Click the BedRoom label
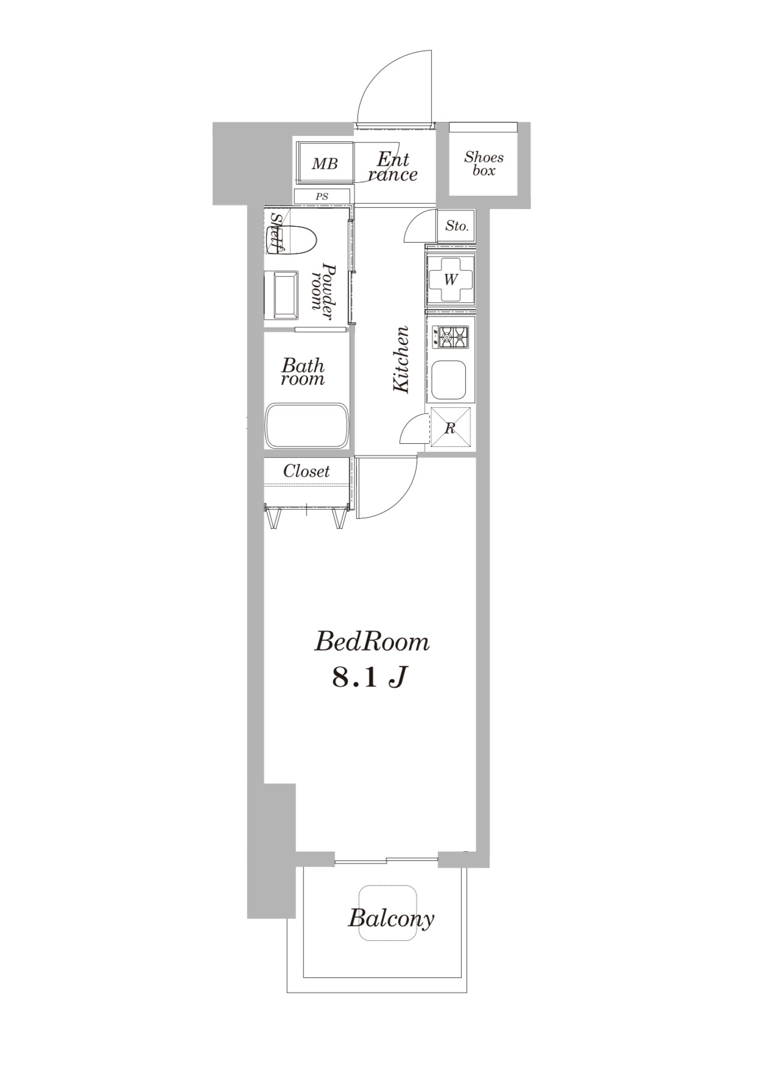[x=372, y=642]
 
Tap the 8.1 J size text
[x=369, y=677]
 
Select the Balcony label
[x=390, y=918]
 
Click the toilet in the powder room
[x=299, y=239]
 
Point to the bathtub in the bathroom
[x=307, y=426]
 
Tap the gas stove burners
[x=451, y=337]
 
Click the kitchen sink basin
[x=448, y=379]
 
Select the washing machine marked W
[x=450, y=280]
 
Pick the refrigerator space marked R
[x=450, y=427]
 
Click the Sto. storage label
[x=457, y=226]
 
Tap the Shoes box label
[x=484, y=163]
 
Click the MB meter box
[x=325, y=163]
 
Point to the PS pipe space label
[x=322, y=196]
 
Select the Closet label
[x=306, y=471]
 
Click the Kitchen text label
[x=401, y=360]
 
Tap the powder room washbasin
[x=285, y=296]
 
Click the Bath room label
[x=303, y=373]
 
